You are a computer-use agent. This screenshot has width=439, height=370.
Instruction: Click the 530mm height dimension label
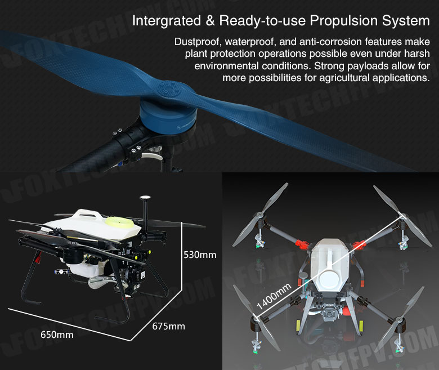[x=200, y=255]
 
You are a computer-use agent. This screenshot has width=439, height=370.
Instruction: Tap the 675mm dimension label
[x=168, y=326]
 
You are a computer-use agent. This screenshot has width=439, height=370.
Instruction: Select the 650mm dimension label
[x=57, y=335]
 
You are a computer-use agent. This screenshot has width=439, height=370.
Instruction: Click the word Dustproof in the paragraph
[x=196, y=42]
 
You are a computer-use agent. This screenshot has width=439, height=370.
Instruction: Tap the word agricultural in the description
[x=344, y=78]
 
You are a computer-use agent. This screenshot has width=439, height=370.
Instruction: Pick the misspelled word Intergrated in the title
[x=167, y=21]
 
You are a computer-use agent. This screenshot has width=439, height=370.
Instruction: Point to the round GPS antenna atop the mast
[x=145, y=198]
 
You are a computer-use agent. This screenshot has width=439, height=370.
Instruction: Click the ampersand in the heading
[x=210, y=20]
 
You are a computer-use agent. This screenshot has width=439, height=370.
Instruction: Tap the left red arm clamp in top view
[x=302, y=244]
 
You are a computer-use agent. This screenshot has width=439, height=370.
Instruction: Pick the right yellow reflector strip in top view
[x=361, y=326]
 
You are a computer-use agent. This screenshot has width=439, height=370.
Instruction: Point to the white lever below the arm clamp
[x=152, y=156]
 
